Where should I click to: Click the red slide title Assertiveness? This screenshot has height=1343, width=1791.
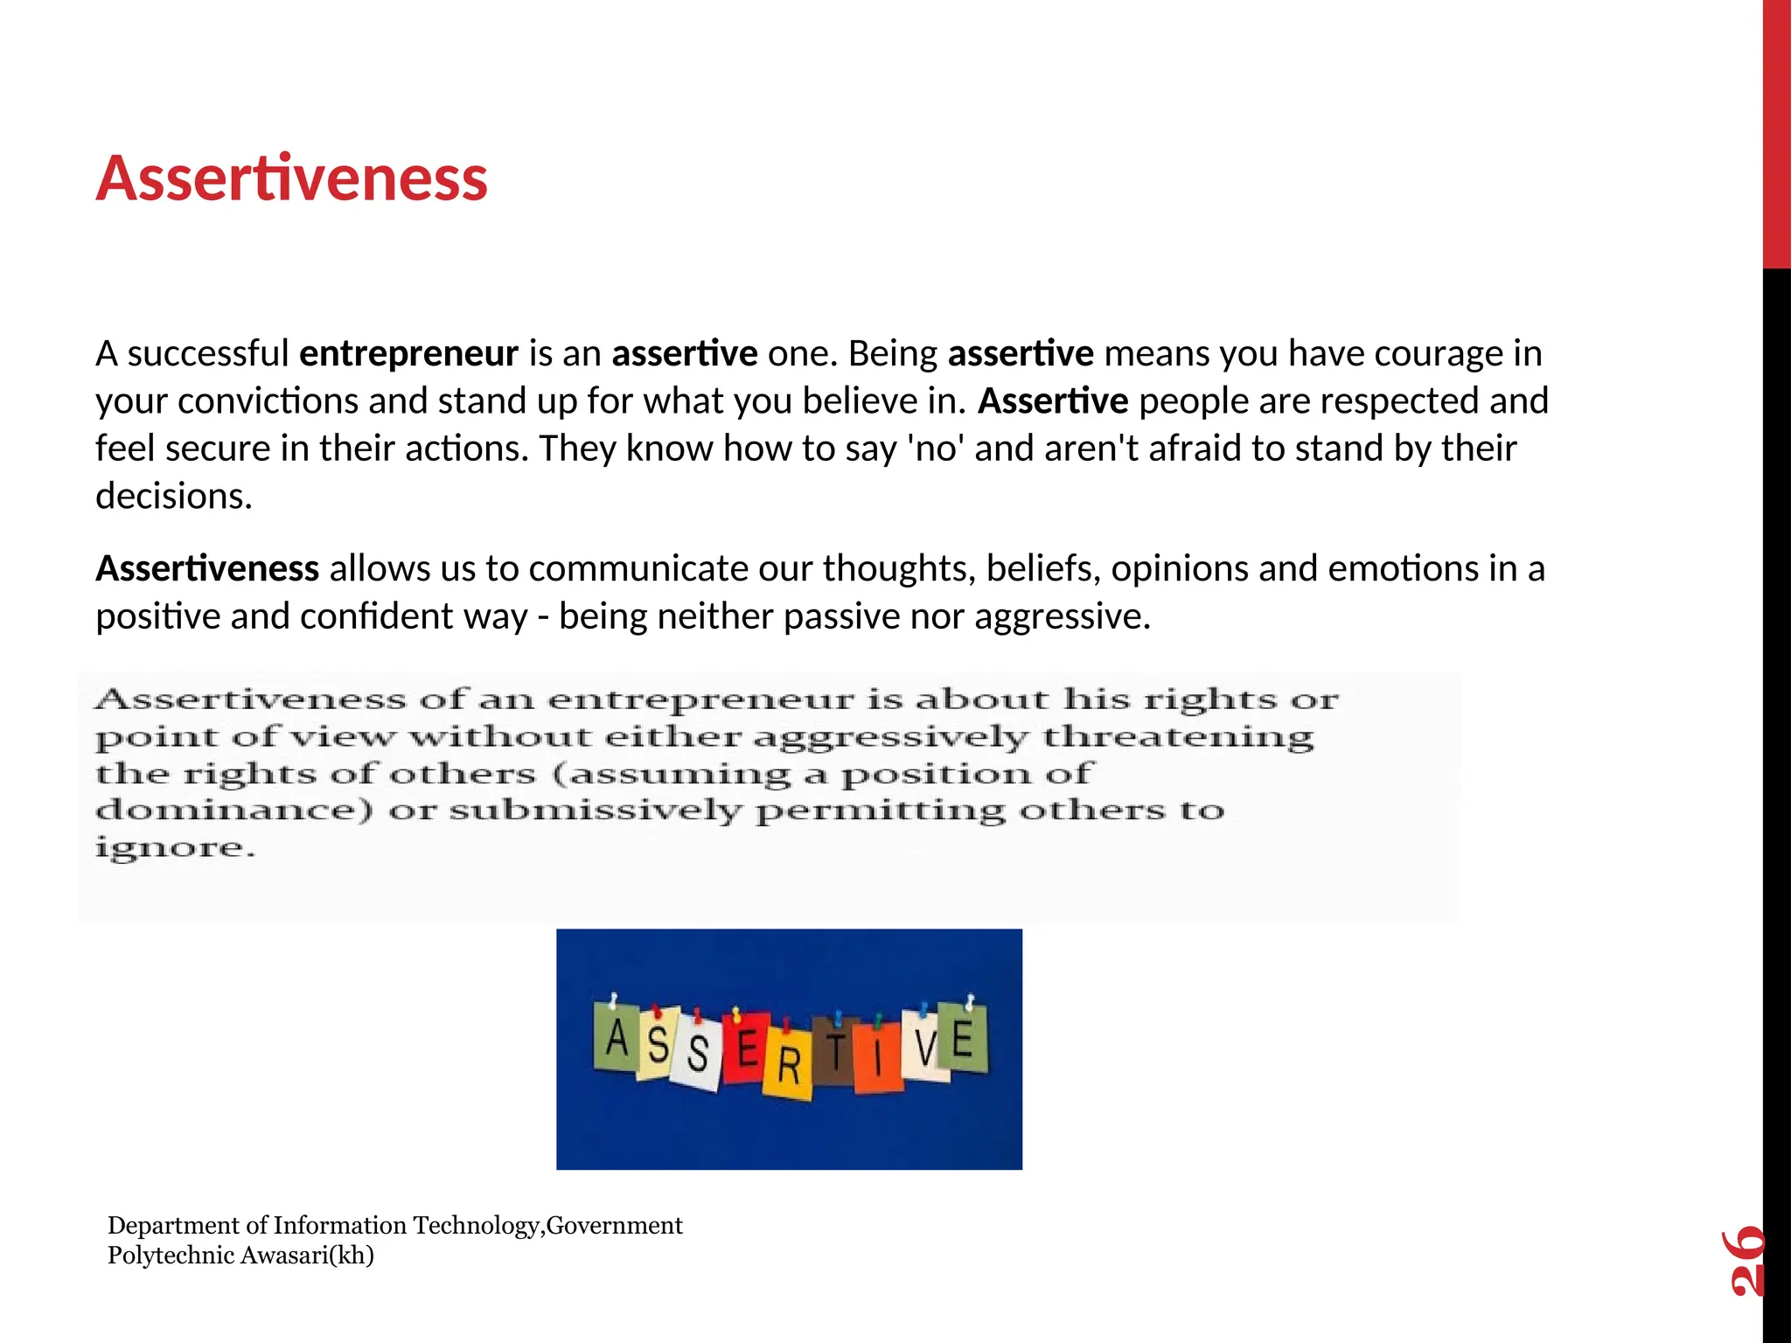click(x=291, y=179)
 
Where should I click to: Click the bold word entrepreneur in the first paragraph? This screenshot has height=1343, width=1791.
click(x=408, y=354)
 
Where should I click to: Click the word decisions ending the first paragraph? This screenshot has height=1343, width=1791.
click(x=173, y=497)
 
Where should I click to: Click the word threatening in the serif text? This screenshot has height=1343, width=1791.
click(x=1178, y=737)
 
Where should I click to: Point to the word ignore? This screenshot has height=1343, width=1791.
click(x=175, y=848)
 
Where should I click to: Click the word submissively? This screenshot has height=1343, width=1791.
click(x=595, y=811)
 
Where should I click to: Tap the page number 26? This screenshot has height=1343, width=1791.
click(x=1744, y=1260)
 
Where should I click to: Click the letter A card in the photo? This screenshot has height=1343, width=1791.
click(x=617, y=1038)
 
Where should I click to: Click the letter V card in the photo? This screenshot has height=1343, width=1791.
click(x=924, y=1046)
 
